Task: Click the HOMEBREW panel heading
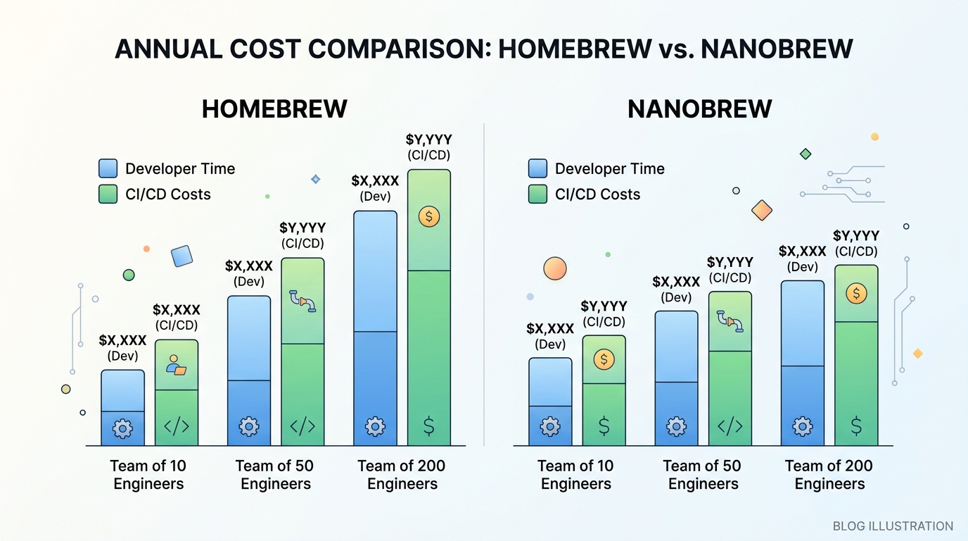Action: click(274, 109)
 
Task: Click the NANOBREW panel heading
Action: click(700, 109)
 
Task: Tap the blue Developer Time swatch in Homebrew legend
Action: click(108, 168)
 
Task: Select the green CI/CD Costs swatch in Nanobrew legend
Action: click(537, 194)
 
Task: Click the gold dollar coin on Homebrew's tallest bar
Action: click(428, 216)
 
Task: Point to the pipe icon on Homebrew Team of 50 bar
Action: click(302, 301)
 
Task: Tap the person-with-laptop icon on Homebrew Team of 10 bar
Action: click(176, 364)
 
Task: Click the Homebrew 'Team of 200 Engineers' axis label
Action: click(402, 475)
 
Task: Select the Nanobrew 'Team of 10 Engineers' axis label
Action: click(575, 475)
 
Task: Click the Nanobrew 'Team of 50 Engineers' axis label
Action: click(702, 475)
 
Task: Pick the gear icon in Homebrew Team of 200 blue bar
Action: click(375, 426)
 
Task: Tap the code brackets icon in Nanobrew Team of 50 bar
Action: click(730, 426)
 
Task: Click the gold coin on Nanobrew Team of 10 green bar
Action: click(604, 360)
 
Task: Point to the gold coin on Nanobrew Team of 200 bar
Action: click(856, 293)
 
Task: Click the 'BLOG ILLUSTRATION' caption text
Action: click(893, 526)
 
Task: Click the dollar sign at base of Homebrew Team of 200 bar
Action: click(428, 426)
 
